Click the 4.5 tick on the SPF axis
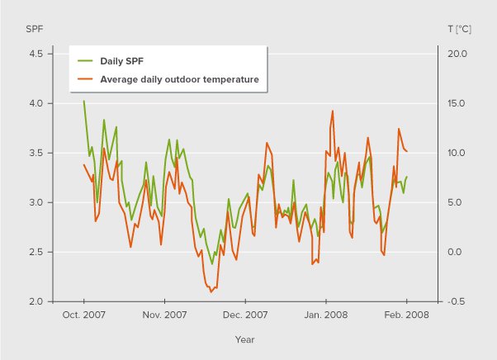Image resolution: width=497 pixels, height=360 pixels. click(x=36, y=54)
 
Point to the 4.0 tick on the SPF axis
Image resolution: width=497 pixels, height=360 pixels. click(x=36, y=104)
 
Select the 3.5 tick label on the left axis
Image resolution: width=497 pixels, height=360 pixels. click(x=36, y=154)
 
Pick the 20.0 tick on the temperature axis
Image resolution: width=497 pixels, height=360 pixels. click(x=457, y=54)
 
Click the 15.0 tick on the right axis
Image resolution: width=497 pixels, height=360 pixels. click(x=457, y=104)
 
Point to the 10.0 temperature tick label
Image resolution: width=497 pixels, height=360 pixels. click(x=457, y=154)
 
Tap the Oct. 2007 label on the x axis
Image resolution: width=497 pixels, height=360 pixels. click(x=84, y=315)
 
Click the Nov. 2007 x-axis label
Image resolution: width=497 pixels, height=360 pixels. click(x=164, y=315)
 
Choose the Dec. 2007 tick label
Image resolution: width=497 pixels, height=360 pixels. click(x=245, y=315)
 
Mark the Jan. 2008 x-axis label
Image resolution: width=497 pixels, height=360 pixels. click(x=326, y=315)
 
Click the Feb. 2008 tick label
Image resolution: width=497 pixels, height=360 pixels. click(x=406, y=315)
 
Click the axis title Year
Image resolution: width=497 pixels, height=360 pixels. click(x=244, y=339)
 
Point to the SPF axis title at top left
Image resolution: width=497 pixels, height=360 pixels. click(x=34, y=28)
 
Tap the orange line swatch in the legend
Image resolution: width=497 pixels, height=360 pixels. click(x=85, y=79)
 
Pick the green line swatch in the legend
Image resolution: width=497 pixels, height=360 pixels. click(x=85, y=61)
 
